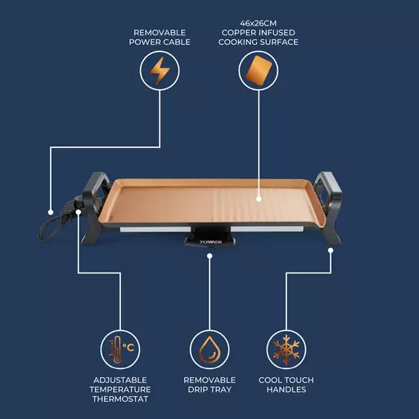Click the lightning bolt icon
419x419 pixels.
160,70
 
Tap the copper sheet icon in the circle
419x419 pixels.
259,70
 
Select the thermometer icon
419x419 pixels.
117,349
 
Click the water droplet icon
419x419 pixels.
209,349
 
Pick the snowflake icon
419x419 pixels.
286,349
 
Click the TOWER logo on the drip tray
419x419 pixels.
210,242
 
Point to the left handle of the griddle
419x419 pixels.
96,191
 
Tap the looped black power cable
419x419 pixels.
49,228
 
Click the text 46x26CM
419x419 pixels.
259,24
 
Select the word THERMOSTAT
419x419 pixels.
120,399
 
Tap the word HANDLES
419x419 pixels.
286,390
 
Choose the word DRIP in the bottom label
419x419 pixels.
196,390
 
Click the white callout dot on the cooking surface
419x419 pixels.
259,199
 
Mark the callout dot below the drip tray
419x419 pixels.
209,256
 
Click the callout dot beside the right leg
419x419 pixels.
331,250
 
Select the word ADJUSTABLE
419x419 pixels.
120,380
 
